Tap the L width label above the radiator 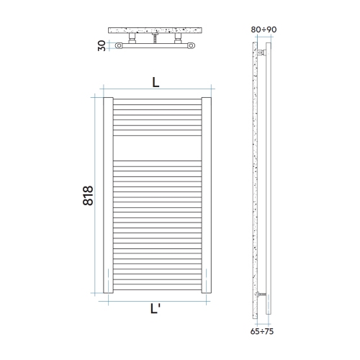click(x=156, y=82)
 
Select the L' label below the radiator click(x=156, y=310)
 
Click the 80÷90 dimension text click(x=264, y=30)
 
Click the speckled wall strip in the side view click(x=256, y=180)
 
